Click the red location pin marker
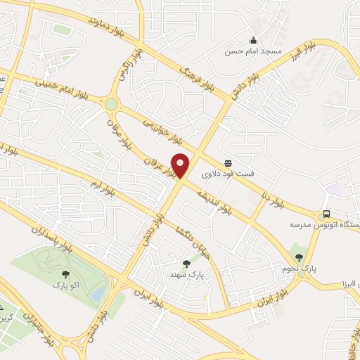tap(181, 165)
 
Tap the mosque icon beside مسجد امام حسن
tap(253, 39)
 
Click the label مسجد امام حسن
tap(253, 52)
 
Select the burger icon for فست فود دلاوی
tap(228, 161)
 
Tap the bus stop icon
tap(326, 214)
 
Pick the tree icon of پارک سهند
tap(186, 264)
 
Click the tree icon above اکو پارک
tap(65, 274)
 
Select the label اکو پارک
tap(65, 285)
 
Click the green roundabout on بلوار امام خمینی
tap(111, 104)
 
